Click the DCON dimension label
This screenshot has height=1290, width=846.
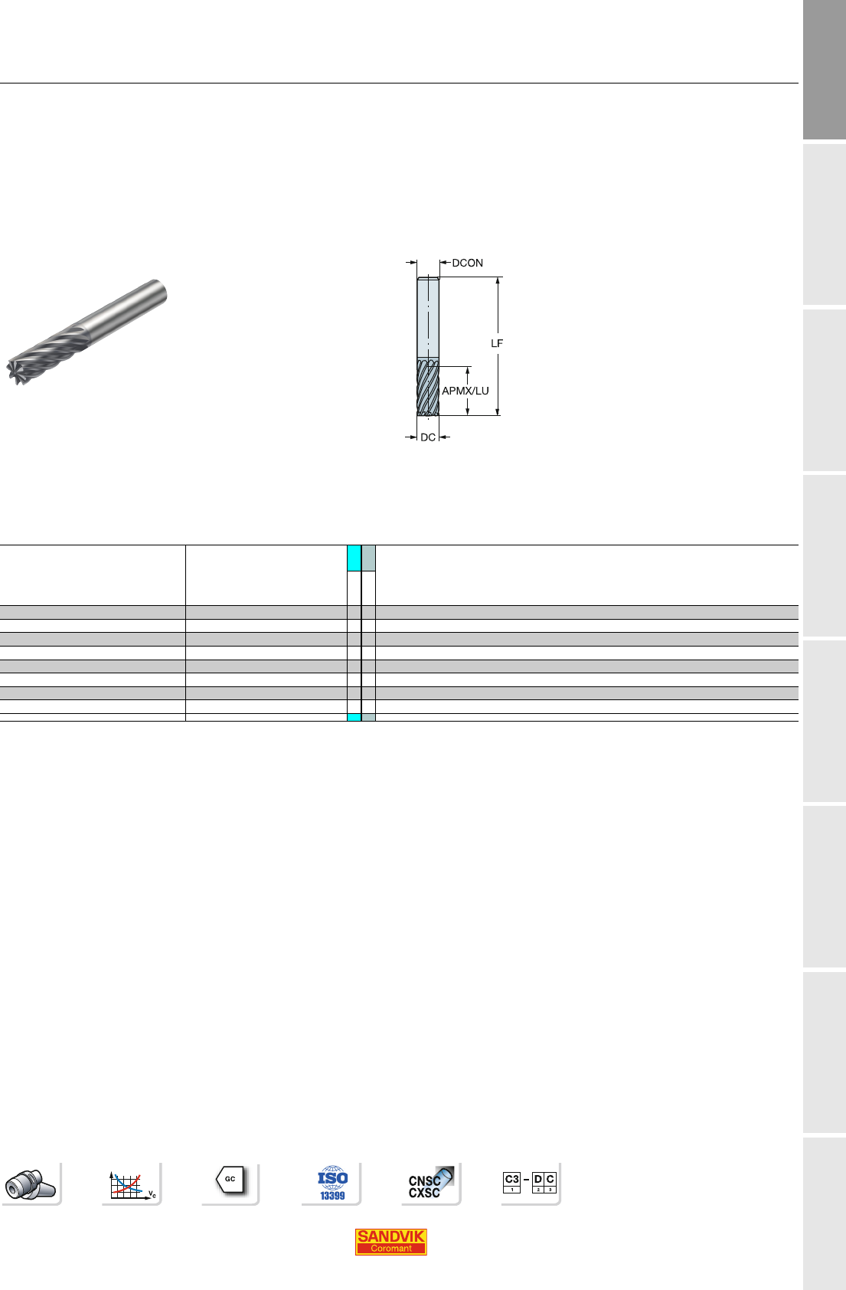pos(467,264)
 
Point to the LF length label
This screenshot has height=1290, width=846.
pos(497,343)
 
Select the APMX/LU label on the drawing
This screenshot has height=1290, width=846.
pos(465,391)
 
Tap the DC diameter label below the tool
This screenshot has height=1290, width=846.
pos(428,437)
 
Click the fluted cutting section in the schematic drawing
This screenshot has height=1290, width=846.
pos(428,387)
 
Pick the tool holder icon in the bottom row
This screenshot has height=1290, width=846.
pos(31,1184)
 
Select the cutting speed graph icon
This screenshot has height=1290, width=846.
pos(132,1184)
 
